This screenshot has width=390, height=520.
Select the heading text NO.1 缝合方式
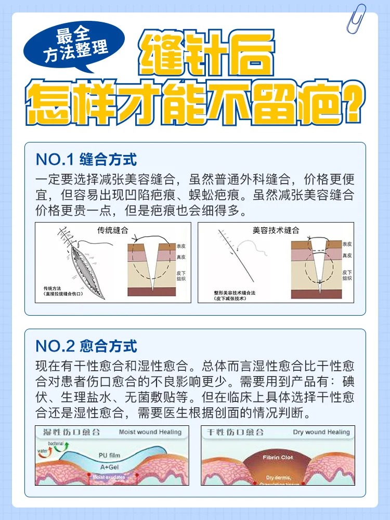coord(86,159)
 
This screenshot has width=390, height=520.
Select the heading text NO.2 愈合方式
coord(86,345)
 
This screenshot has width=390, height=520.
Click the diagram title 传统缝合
coord(113,230)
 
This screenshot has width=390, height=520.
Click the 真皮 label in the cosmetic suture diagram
coord(347,256)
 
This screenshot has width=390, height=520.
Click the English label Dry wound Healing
coord(321,432)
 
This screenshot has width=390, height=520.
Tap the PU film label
coord(109,456)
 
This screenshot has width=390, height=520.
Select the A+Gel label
coord(108,467)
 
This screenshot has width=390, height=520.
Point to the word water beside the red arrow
coord(42,451)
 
